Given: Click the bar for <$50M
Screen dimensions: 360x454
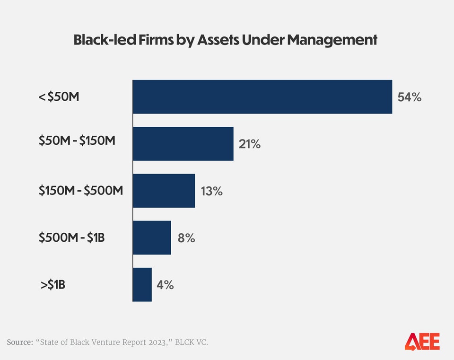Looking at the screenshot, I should coord(262,97).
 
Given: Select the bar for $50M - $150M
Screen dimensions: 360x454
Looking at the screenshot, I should coord(183,144).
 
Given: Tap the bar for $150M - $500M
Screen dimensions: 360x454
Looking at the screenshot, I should coord(164,191).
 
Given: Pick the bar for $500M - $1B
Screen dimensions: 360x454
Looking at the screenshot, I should coord(152,237).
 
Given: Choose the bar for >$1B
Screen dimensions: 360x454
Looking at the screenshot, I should coord(142,284).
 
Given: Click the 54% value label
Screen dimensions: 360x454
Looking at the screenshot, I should coord(409,97).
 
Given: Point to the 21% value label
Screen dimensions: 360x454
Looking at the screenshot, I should coord(250,144).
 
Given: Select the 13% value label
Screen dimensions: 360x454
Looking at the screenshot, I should coord(211,191).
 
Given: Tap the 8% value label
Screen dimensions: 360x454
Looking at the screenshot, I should coord(186,238).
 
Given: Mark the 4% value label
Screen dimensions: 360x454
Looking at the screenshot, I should coord(165,285).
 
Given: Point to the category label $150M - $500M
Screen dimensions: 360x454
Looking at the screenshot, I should coord(81,191).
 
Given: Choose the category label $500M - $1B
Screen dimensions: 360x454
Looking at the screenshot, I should coord(72,237).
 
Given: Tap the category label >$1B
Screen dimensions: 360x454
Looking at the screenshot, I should coord(52,285).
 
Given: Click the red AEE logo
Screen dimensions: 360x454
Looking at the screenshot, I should coord(422,342).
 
